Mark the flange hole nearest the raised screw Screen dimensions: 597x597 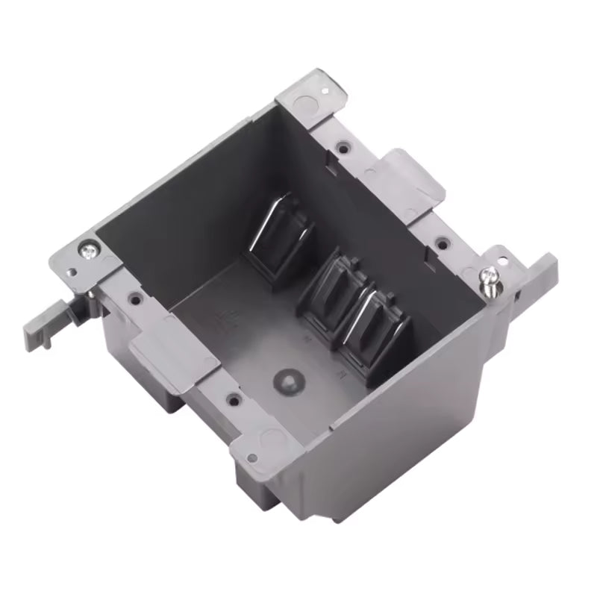click(x=443, y=242)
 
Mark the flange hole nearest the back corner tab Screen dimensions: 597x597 click(x=343, y=148)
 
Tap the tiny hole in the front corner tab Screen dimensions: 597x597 click(x=251, y=457)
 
